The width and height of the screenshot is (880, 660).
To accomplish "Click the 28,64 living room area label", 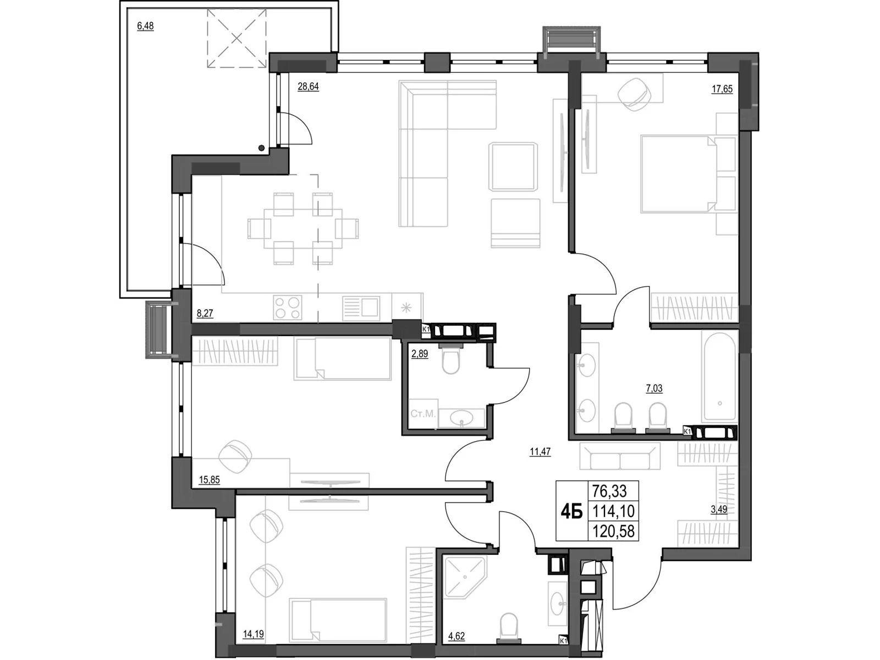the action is (x=308, y=86).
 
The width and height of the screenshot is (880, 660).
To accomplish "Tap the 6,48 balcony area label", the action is (x=145, y=26).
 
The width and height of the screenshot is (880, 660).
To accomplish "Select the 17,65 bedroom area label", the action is (x=722, y=89).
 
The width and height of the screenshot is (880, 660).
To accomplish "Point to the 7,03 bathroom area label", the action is (x=654, y=388).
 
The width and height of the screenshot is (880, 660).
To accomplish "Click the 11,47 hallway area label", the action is (x=540, y=452).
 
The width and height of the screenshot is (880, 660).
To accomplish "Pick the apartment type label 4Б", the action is (x=571, y=512).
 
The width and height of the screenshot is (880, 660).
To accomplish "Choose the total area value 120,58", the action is (x=613, y=531).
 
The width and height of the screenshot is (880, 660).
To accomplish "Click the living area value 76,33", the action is (x=609, y=491).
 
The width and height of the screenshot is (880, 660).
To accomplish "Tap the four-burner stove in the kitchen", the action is (x=288, y=307).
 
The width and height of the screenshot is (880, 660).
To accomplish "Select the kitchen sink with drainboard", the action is (x=361, y=308).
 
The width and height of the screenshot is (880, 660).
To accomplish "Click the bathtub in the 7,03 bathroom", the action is (x=719, y=376).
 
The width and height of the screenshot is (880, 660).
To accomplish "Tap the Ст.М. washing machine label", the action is (x=423, y=414).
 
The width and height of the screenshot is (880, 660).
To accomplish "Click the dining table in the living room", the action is (x=303, y=229).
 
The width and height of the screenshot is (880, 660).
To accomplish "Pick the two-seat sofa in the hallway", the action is (x=620, y=455).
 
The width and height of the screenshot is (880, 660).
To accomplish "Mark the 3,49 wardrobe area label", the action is (x=719, y=509).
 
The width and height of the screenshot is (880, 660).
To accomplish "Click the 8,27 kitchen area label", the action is (x=205, y=313).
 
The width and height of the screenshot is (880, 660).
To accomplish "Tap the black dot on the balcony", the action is (x=261, y=148).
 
